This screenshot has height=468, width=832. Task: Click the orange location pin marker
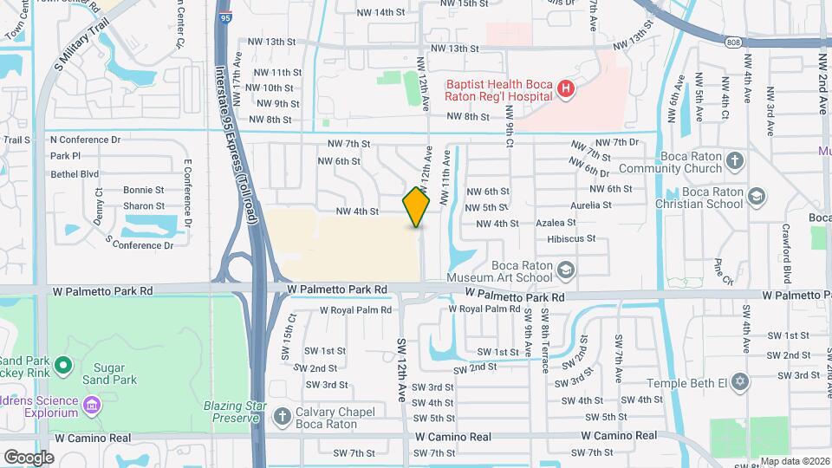click(x=416, y=206)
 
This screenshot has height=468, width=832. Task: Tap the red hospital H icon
click(x=565, y=88)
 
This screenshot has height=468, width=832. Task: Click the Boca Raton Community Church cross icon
click(x=734, y=160)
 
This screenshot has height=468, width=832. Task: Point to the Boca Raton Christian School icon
click(x=755, y=196)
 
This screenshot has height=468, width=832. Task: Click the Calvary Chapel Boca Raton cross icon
click(x=282, y=417)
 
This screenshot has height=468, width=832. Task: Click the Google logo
click(x=29, y=457)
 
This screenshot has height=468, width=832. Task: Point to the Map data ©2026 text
click(x=794, y=461)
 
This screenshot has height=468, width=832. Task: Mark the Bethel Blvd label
click(x=75, y=173)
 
